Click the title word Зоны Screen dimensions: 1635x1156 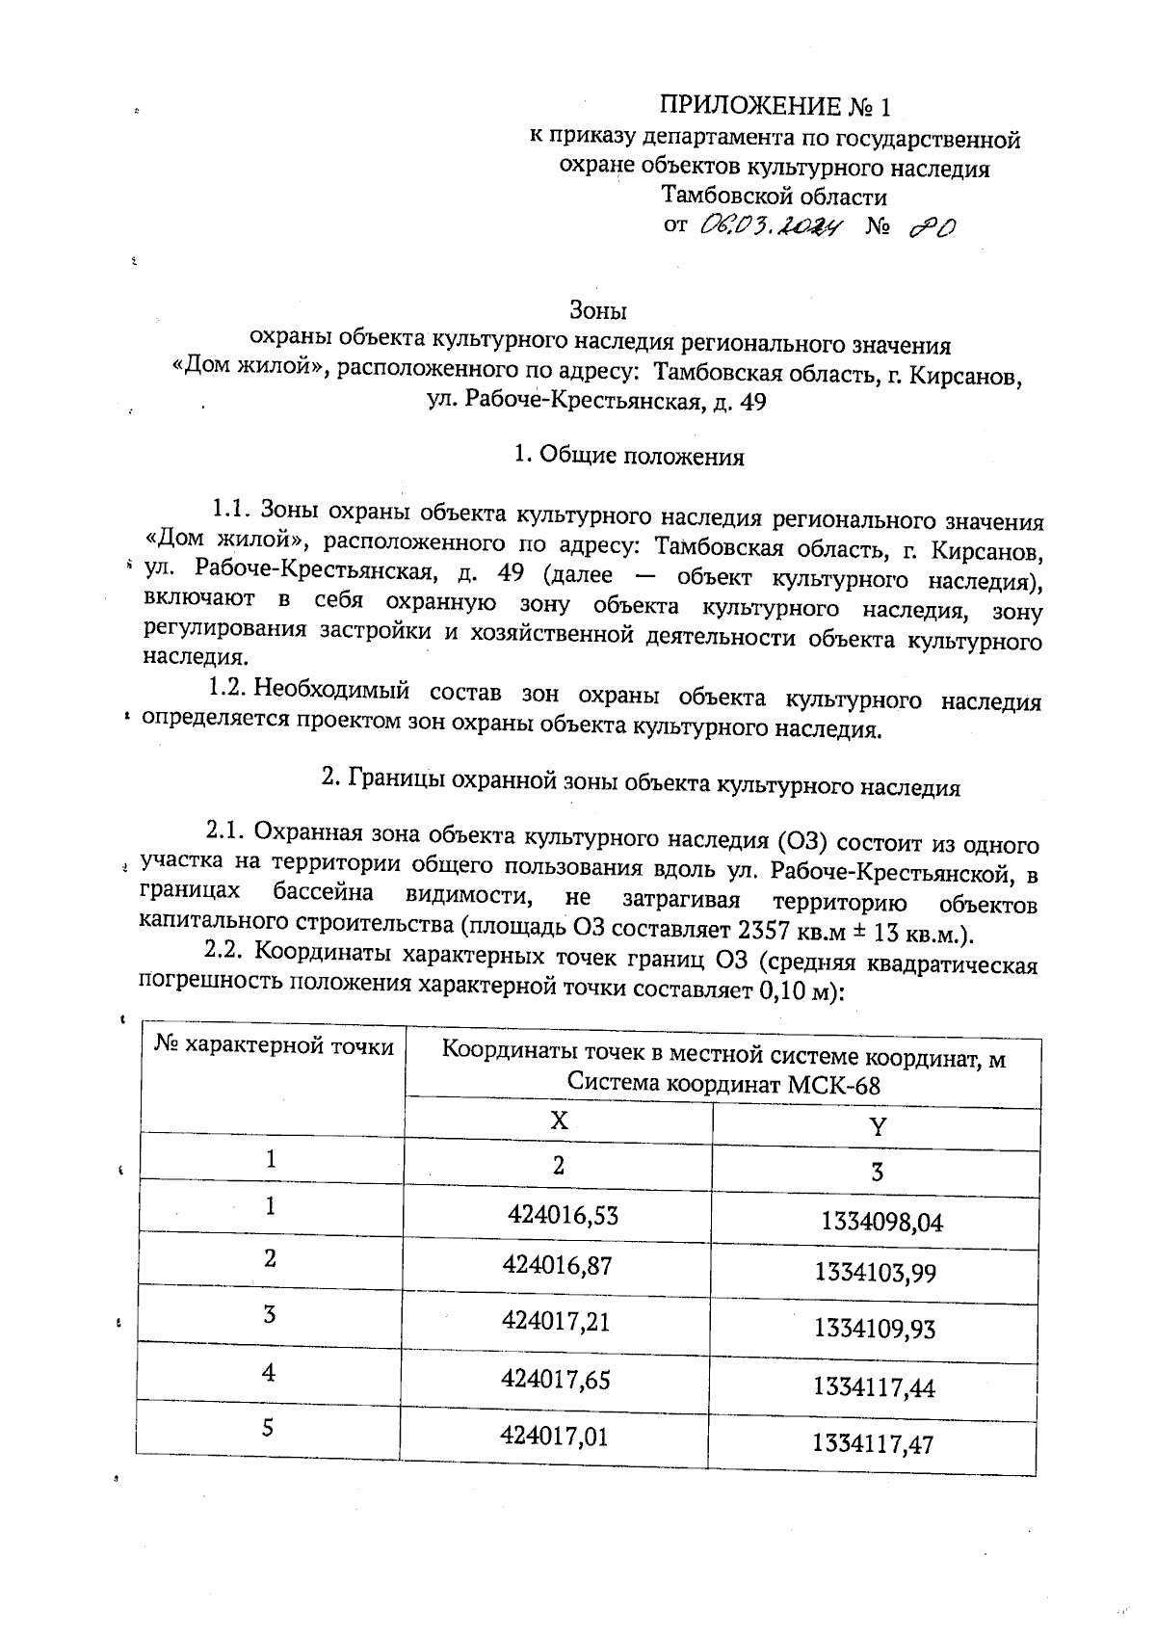click(x=598, y=311)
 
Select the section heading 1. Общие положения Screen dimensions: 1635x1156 click(x=629, y=456)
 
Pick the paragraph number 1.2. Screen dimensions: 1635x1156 click(x=229, y=690)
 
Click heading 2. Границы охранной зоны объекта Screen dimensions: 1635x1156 click(x=641, y=780)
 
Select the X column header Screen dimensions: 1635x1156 click(x=559, y=1121)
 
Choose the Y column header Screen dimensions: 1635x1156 click(x=877, y=1126)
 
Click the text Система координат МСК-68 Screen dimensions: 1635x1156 click(x=723, y=1085)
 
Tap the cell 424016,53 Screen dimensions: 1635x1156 click(x=563, y=1215)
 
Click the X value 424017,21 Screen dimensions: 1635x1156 click(x=556, y=1320)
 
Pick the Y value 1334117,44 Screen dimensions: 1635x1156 click(x=874, y=1387)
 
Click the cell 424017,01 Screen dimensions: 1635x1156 click(x=555, y=1437)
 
